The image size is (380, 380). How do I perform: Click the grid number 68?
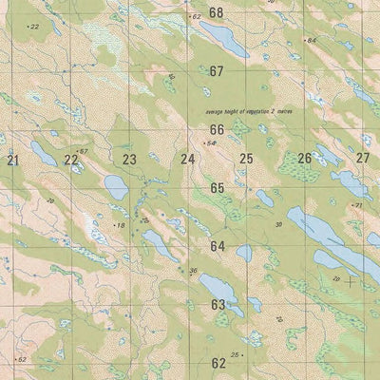(x=217, y=12)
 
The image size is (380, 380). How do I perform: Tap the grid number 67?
(x=217, y=71)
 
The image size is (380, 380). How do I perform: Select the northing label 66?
(x=217, y=129)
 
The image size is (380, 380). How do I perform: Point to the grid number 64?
(x=218, y=246)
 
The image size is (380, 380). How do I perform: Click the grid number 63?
(x=218, y=305)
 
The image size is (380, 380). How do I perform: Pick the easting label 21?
(x=12, y=161)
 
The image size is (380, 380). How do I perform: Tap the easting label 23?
(x=129, y=160)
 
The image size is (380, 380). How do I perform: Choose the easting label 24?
(x=188, y=159)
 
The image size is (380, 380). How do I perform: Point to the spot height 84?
(x=311, y=40)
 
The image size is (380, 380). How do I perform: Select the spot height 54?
(x=212, y=142)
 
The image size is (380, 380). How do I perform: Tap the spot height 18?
(x=120, y=225)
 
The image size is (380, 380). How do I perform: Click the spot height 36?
(x=193, y=271)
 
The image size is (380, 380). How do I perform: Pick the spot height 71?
(x=358, y=205)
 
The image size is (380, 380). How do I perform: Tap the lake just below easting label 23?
(x=115, y=186)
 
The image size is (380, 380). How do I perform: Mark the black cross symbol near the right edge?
(x=351, y=280)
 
